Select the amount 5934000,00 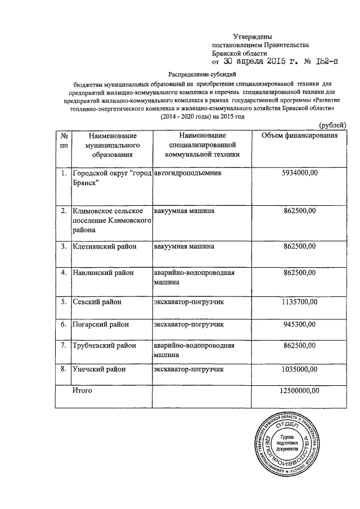(300, 174)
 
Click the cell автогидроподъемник (183, 174)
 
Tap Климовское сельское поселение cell (110, 220)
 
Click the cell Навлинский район (102, 273)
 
